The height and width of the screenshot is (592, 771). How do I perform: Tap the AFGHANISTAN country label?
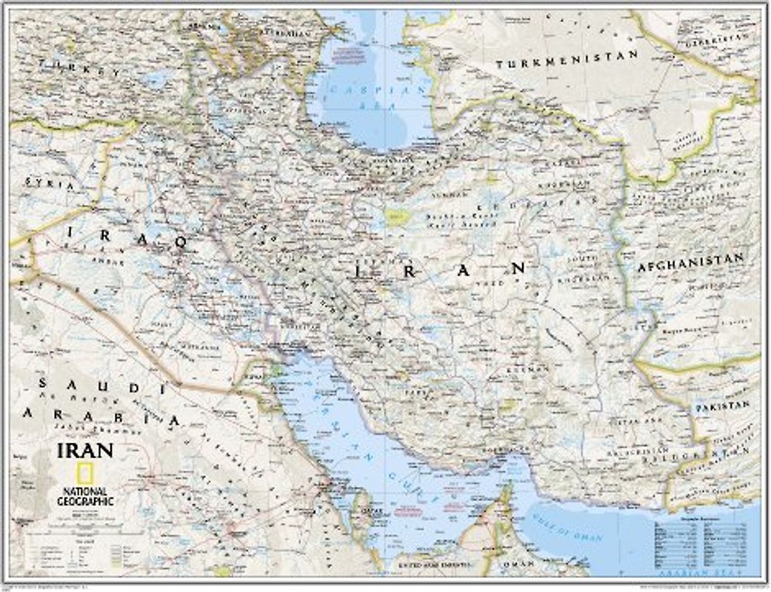(x=690, y=260)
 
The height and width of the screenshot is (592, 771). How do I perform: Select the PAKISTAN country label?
(x=721, y=406)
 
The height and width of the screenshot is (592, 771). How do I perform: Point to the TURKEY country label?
(x=81, y=70)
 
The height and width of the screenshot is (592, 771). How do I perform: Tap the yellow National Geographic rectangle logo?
(x=84, y=474)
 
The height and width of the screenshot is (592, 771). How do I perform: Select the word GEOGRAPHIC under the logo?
(x=84, y=502)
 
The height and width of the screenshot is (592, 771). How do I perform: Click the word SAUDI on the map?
(x=100, y=386)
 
